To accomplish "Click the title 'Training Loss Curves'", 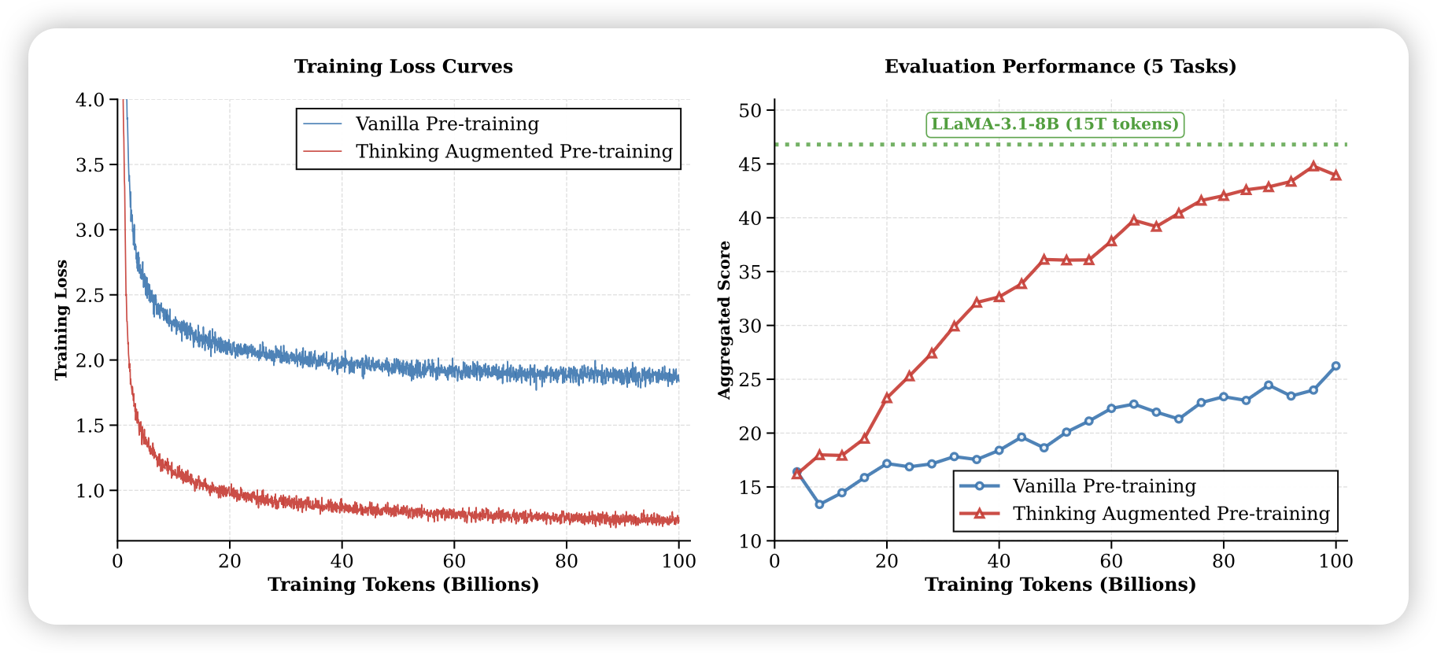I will click(403, 67).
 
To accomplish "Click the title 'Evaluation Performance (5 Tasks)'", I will click(1060, 67).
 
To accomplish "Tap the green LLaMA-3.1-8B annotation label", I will click(1055, 124).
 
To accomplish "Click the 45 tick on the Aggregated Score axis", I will click(751, 164).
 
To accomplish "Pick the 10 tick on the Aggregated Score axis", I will click(751, 541).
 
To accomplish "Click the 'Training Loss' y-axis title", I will click(61, 319).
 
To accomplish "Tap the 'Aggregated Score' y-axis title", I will click(725, 319).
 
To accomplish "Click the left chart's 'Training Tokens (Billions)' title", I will click(403, 585).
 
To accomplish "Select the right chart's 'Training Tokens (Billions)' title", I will click(1060, 585).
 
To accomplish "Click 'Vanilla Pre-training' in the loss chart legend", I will click(447, 124).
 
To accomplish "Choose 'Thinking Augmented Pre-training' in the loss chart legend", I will click(514, 152).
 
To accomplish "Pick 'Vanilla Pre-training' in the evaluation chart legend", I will click(1104, 486).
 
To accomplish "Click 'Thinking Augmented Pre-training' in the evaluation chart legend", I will click(1171, 514).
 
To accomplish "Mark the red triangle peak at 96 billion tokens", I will click(1313, 166).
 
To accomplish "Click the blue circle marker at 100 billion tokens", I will click(1335, 366).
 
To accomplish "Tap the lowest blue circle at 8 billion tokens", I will click(819, 504).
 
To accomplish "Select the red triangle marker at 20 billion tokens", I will click(887, 398).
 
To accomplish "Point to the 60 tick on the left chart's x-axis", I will click(454, 561).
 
